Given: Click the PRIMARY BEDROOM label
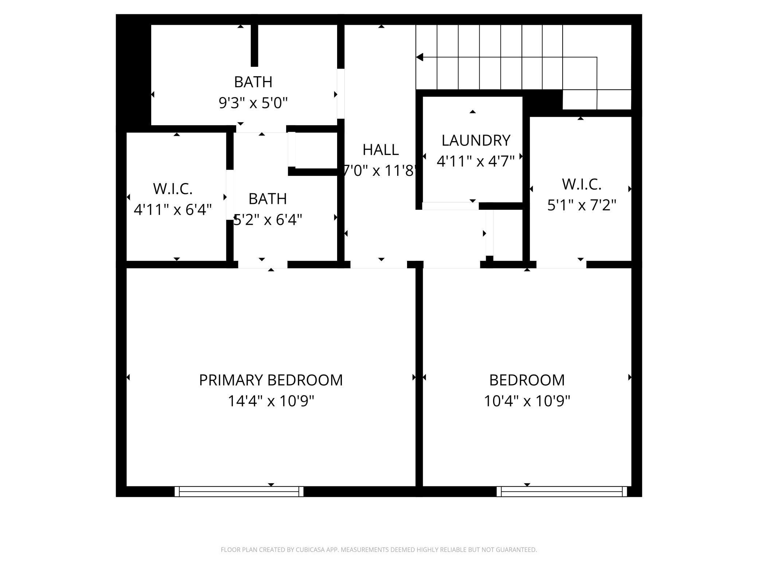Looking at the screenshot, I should pyautogui.click(x=271, y=380).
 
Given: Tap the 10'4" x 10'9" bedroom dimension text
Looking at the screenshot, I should pyautogui.click(x=527, y=401).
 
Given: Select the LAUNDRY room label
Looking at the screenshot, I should pyautogui.click(x=476, y=140).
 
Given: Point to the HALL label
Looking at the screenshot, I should pyautogui.click(x=380, y=150).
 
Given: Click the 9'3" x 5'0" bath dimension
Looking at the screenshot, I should pyautogui.click(x=253, y=103).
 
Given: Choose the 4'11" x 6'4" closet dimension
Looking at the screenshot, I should pyautogui.click(x=173, y=210).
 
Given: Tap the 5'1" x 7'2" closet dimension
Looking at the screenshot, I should pyautogui.click(x=581, y=205).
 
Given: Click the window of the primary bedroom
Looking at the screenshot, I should pyautogui.click(x=239, y=491).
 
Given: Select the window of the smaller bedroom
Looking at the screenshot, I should pyautogui.click(x=562, y=491).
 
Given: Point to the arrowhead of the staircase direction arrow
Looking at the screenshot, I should pyautogui.click(x=419, y=57).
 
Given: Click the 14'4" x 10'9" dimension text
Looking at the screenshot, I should pyautogui.click(x=271, y=401).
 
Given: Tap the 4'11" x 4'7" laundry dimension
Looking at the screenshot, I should pyautogui.click(x=476, y=161).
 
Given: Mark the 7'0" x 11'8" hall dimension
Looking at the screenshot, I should pyautogui.click(x=380, y=171).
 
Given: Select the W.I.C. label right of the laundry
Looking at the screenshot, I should pyautogui.click(x=581, y=184).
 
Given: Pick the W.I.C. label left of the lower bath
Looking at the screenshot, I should pyautogui.click(x=173, y=189).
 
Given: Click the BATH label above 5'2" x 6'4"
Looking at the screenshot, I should pyautogui.click(x=267, y=199).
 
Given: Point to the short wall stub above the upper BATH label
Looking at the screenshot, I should pyautogui.click(x=254, y=46).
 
